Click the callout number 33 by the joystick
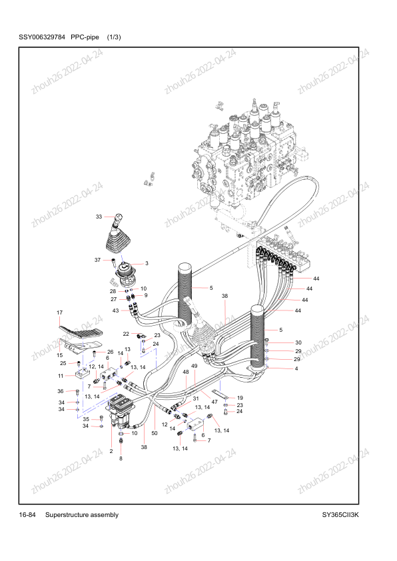click(99, 217)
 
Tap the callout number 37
click(97, 260)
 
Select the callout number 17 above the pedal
click(59, 312)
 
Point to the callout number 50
click(155, 433)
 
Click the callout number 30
click(298, 342)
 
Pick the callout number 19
click(240, 398)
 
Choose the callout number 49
click(195, 366)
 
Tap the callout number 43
click(115, 310)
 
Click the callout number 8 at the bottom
click(121, 458)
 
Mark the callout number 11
click(61, 376)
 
